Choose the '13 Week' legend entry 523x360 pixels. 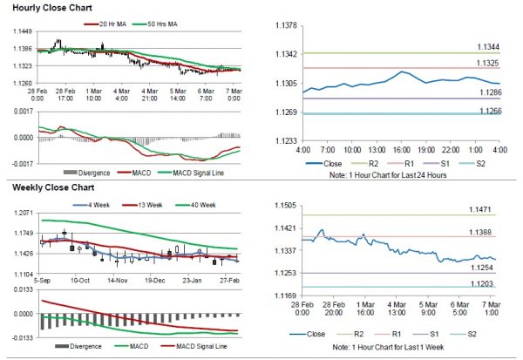(x=148, y=206)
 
